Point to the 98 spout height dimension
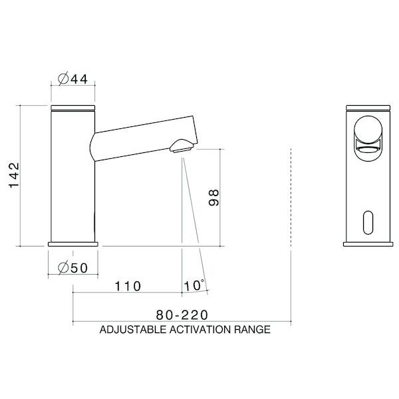(x=212, y=198)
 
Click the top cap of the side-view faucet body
(x=74, y=106)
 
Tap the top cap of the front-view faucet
(x=368, y=106)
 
